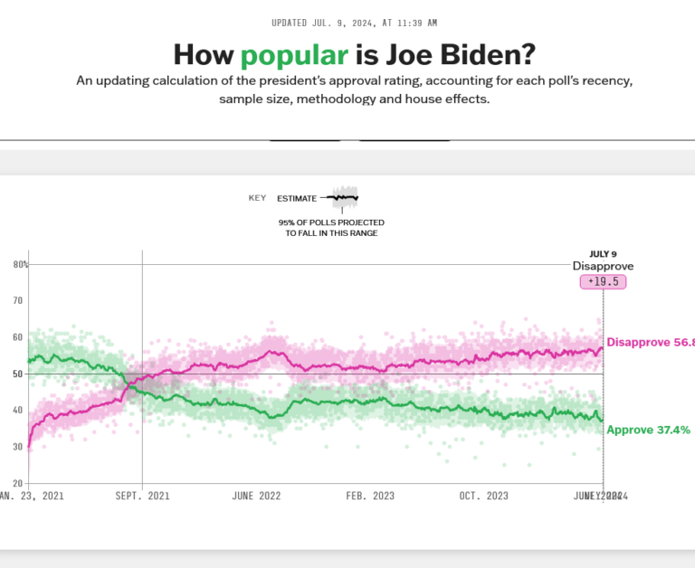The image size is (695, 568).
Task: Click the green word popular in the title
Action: point(294,55)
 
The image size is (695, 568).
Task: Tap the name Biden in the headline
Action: point(467,55)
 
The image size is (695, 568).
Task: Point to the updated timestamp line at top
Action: point(347,23)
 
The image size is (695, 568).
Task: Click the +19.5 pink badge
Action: point(603,282)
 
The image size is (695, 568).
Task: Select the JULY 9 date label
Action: point(603,254)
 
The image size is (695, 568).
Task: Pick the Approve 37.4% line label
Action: point(648,430)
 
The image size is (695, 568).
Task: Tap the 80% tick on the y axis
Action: point(21,265)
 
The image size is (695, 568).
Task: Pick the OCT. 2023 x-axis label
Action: point(485,496)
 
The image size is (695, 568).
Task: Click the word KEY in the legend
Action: point(257,198)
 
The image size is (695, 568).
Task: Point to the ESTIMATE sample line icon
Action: point(343,197)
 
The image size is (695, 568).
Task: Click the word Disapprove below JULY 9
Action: point(603,267)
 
